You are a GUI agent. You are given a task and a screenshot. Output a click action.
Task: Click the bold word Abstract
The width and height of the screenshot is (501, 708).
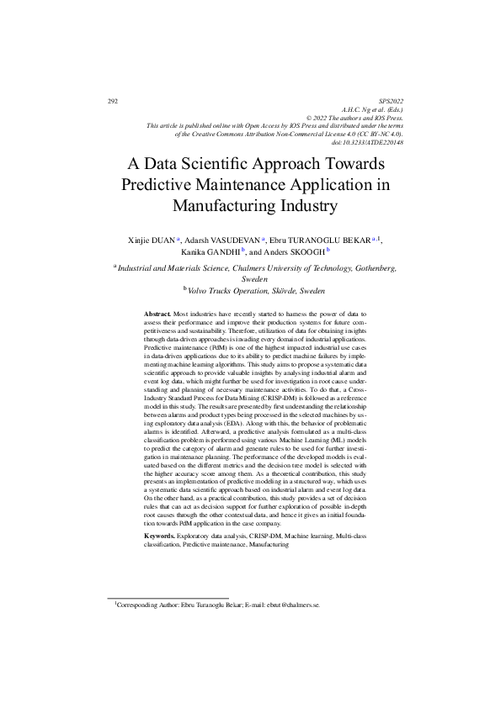pyautogui.click(x=157, y=313)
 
